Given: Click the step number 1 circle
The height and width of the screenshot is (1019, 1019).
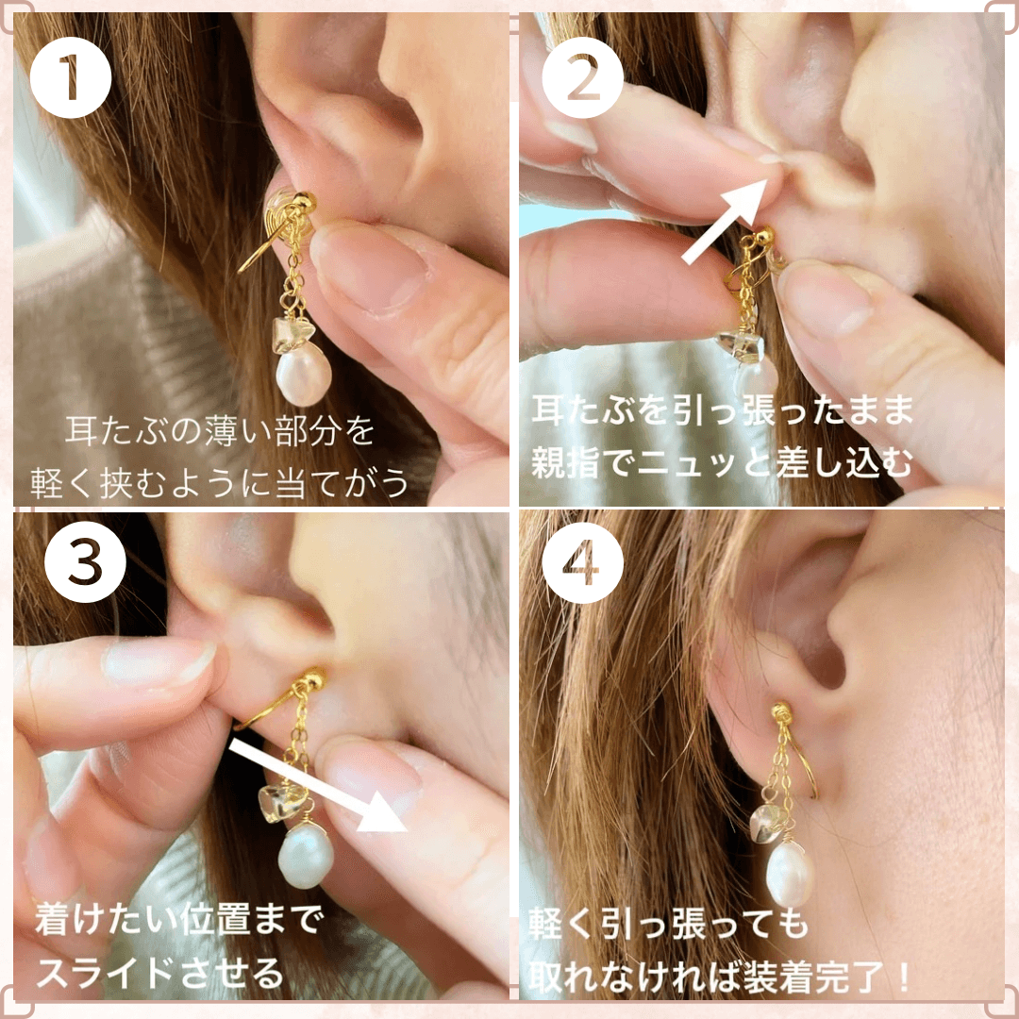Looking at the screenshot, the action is (x=71, y=77).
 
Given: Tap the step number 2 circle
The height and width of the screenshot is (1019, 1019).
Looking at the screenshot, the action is (x=582, y=77).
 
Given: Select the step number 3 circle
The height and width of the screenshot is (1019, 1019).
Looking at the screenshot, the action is (x=85, y=562).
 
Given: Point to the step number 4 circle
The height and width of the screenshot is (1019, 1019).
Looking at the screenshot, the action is (x=582, y=562).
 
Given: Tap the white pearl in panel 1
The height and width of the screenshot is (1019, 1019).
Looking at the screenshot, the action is (x=304, y=375).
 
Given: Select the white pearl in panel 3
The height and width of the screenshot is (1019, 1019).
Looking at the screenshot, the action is (x=306, y=856).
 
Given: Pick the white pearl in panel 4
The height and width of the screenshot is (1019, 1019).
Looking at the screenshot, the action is (x=790, y=874).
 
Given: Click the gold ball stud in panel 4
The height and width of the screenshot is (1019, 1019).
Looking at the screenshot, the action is (x=782, y=711).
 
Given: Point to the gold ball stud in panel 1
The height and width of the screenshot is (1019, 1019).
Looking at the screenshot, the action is (x=304, y=202).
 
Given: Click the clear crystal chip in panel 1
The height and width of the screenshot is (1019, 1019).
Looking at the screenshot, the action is (x=292, y=334).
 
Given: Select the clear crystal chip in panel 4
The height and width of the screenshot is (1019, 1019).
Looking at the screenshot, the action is (x=764, y=824).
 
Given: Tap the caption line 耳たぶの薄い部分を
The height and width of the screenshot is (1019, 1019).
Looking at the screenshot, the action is (x=220, y=431).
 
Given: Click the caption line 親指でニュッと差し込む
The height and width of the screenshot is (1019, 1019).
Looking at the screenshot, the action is (x=722, y=462).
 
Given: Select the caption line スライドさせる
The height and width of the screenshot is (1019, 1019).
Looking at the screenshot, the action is (x=159, y=973).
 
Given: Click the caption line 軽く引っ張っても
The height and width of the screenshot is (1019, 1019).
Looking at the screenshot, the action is (x=668, y=924).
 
